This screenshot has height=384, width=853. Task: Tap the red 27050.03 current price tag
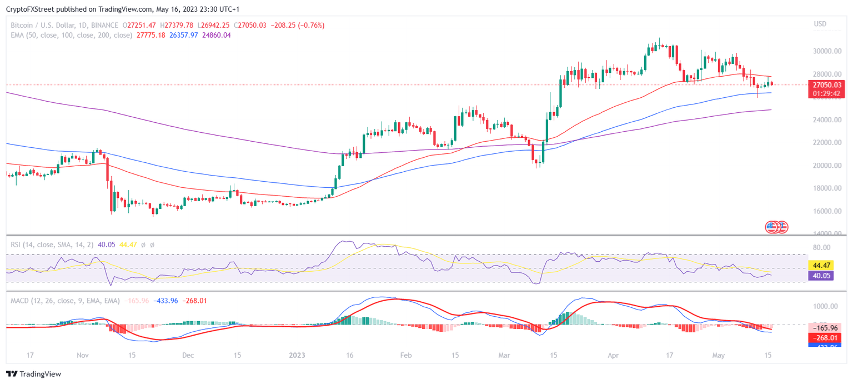coord(827,85)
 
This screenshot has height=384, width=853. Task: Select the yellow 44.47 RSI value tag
coord(822,265)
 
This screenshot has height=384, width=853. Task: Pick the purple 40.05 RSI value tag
coord(822,275)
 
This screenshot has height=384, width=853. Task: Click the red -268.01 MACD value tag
coord(822,337)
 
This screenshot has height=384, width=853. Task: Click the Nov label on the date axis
coord(83,355)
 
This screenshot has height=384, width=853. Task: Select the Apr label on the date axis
coord(613,355)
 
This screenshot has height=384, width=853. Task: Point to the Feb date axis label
coord(406,355)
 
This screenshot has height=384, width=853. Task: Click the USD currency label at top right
coord(820,24)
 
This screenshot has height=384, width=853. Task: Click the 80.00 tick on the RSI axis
coord(821,247)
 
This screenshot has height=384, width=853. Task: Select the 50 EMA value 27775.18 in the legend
coord(150,35)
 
